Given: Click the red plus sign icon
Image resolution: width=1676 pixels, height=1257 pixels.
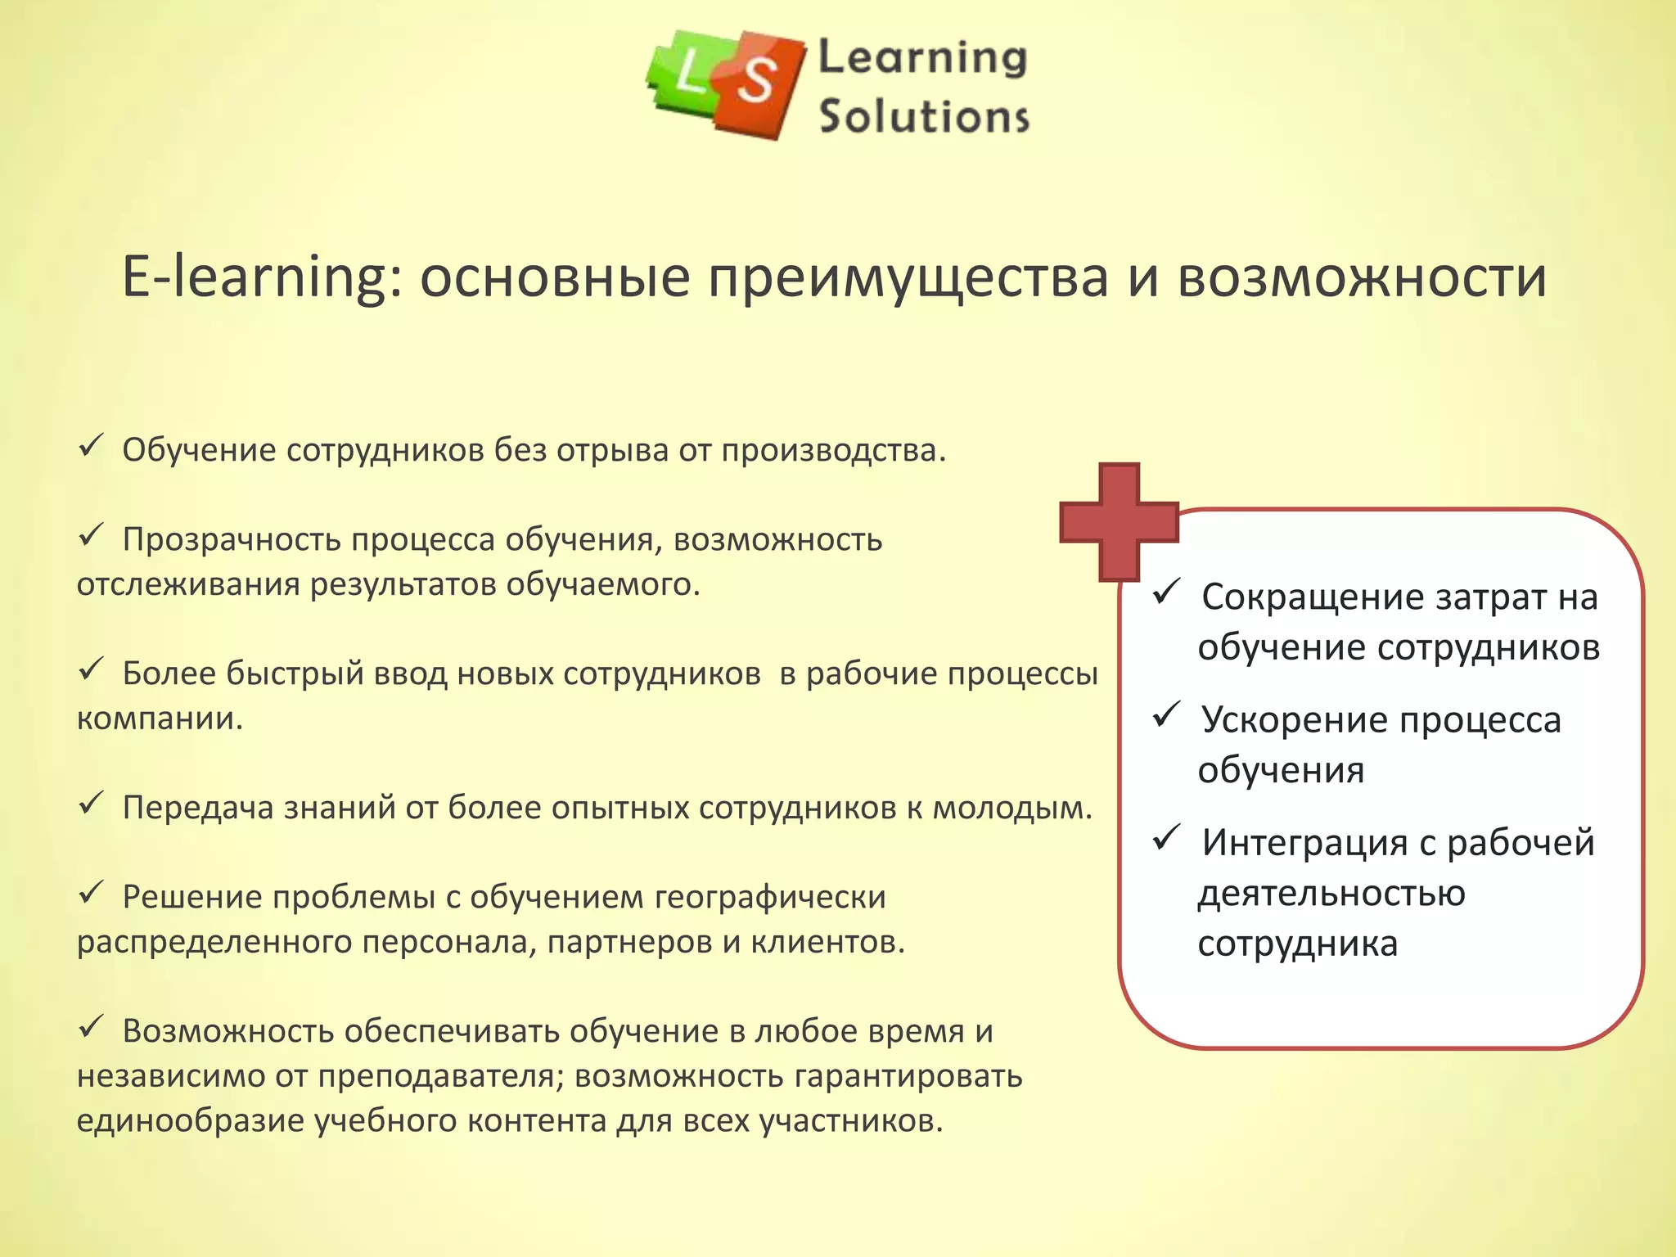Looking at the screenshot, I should pyautogui.click(x=1119, y=522).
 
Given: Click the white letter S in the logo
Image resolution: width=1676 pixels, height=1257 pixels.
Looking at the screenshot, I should pyautogui.click(x=756, y=81).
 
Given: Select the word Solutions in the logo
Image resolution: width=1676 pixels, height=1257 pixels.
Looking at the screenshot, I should pyautogui.click(x=924, y=116).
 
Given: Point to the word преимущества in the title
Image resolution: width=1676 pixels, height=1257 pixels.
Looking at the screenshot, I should pyautogui.click(x=908, y=277).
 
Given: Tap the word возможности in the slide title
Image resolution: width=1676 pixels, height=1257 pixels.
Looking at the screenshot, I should pyautogui.click(x=1363, y=277).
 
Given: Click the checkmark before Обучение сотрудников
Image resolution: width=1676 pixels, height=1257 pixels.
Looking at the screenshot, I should pyautogui.click(x=89, y=447).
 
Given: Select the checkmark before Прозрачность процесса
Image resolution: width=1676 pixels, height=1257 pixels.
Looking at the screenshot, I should pyautogui.click(x=89, y=536).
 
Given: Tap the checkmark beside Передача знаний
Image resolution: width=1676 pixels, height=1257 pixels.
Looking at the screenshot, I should pyautogui.click(x=89, y=804).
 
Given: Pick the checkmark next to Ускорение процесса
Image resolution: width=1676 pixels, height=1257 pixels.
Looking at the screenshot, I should pyautogui.click(x=1165, y=714).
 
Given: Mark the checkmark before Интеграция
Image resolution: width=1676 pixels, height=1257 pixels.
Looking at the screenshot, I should pyautogui.click(x=1165, y=837).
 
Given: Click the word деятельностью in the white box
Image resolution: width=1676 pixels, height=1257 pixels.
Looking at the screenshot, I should pyautogui.click(x=1331, y=894).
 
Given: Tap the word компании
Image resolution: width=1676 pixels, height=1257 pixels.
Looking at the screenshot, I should pyautogui.click(x=160, y=719).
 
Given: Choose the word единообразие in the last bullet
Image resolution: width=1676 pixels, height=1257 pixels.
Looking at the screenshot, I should pyautogui.click(x=191, y=1120).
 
